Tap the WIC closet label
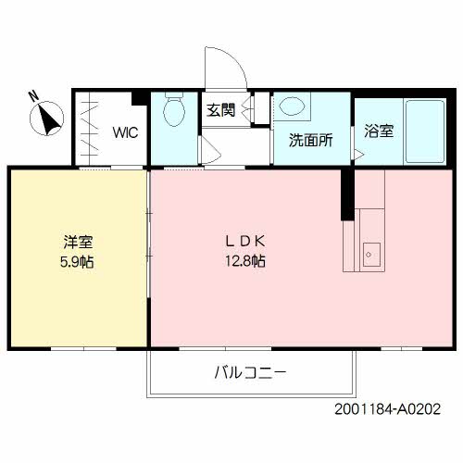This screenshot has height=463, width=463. [126, 131]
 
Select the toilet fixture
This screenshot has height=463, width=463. [172, 113]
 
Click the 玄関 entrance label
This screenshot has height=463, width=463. [220, 110]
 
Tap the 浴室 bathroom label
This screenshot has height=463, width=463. [378, 131]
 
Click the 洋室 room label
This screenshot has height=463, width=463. [78, 242]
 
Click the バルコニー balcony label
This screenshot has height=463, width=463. [250, 373]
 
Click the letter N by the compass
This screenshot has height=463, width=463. [31, 94]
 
